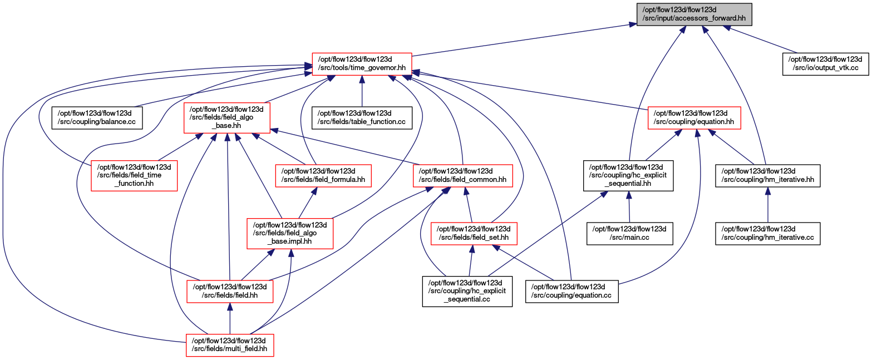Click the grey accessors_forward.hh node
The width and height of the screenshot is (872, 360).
pyautogui.click(x=694, y=14)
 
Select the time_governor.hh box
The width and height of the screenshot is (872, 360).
pyautogui.click(x=362, y=64)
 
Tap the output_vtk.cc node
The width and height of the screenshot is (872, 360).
pyautogui.click(x=825, y=64)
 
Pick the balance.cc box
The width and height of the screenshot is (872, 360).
pyautogui.click(x=97, y=118)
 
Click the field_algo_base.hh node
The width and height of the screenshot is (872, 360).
pyautogui.click(x=227, y=118)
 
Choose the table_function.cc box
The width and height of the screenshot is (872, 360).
pyautogui.click(x=362, y=118)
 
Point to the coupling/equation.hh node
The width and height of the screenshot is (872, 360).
pyautogui.click(x=694, y=118)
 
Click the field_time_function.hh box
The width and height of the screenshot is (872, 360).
pyautogui.click(x=134, y=175)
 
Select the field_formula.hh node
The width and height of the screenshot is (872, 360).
pyautogui.click(x=323, y=176)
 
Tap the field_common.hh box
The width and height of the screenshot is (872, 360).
pyautogui.click(x=463, y=176)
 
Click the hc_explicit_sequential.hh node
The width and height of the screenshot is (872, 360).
pyautogui.click(x=628, y=175)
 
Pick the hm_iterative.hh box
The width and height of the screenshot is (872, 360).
pyautogui.click(x=768, y=176)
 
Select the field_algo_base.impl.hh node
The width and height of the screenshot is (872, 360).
pyautogui.click(x=290, y=234)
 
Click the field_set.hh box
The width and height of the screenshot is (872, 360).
pyautogui.click(x=474, y=234)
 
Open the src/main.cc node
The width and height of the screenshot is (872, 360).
pyautogui.click(x=629, y=234)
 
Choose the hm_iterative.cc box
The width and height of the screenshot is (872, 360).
pyautogui.click(x=768, y=234)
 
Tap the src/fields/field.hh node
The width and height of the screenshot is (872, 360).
pyautogui.click(x=230, y=291)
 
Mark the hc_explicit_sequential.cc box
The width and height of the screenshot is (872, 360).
pyautogui.click(x=467, y=292)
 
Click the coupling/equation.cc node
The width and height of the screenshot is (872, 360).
pyautogui.click(x=572, y=292)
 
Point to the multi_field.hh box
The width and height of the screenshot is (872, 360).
pyautogui.click(x=230, y=345)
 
